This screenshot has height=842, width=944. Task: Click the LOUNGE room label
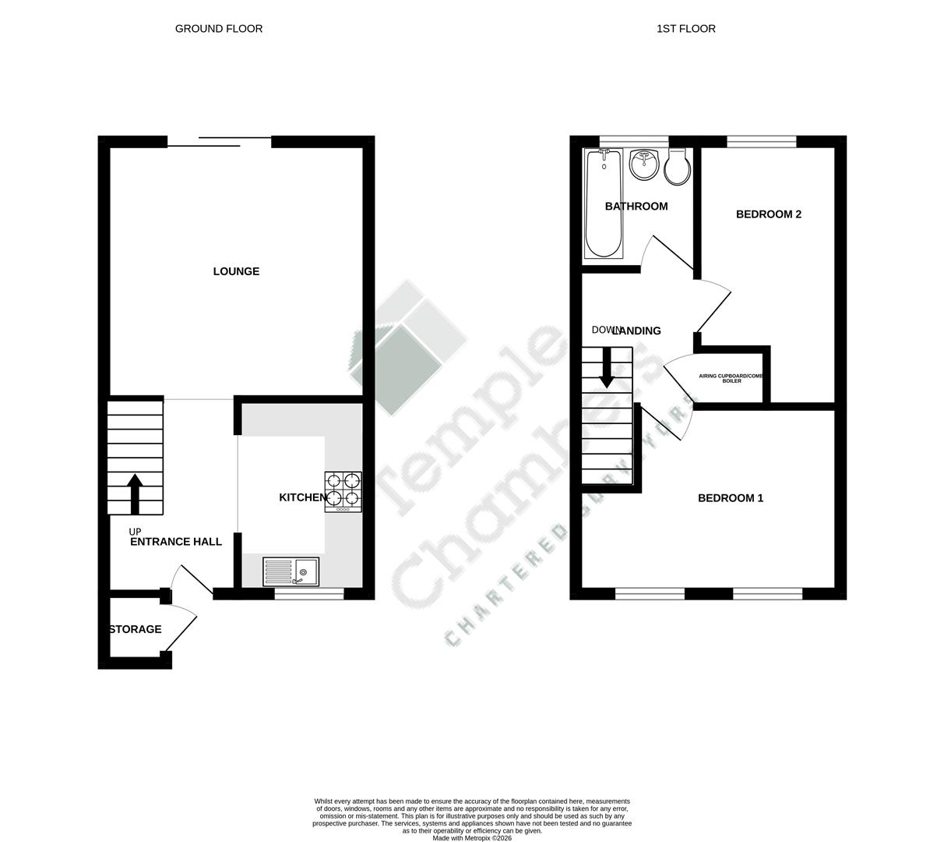click(x=236, y=271)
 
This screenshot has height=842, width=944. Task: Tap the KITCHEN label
click(x=303, y=497)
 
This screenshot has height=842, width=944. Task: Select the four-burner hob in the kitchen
click(x=343, y=491)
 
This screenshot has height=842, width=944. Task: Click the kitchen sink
click(x=291, y=572)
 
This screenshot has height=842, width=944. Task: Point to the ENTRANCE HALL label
click(x=176, y=542)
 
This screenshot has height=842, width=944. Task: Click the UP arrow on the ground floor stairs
click(x=135, y=494)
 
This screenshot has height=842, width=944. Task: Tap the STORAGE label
click(x=136, y=629)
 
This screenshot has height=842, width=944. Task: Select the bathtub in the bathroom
click(x=604, y=203)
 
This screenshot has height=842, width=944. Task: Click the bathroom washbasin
click(x=644, y=165)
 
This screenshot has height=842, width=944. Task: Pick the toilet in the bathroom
click(x=678, y=168)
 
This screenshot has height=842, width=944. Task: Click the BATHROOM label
click(x=636, y=207)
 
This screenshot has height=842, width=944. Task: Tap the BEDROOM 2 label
click(x=769, y=214)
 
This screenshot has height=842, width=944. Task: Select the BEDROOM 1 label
click(x=731, y=498)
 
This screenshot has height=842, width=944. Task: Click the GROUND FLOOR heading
click(x=219, y=29)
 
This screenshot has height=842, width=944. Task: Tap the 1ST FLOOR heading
click(x=686, y=29)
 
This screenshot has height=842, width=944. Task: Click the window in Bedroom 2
click(x=762, y=141)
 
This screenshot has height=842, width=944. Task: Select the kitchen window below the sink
click(x=309, y=594)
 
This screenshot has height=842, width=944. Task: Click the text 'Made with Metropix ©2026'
click(x=472, y=838)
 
